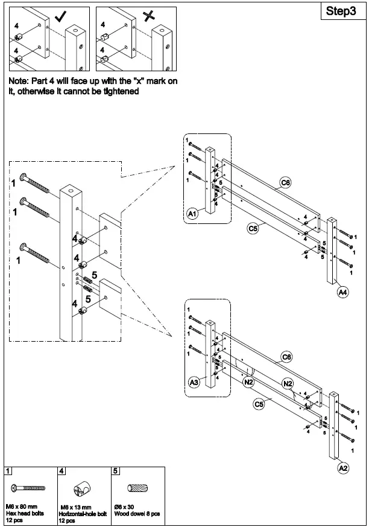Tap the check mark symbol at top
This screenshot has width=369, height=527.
pos(61,16)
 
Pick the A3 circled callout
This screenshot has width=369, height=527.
pos(194,382)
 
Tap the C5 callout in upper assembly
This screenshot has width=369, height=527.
pos(253,228)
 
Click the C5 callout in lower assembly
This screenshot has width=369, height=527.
pos(259,404)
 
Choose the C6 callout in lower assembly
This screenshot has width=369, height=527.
pos(288,357)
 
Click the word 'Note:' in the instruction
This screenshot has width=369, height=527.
pos(20,81)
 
